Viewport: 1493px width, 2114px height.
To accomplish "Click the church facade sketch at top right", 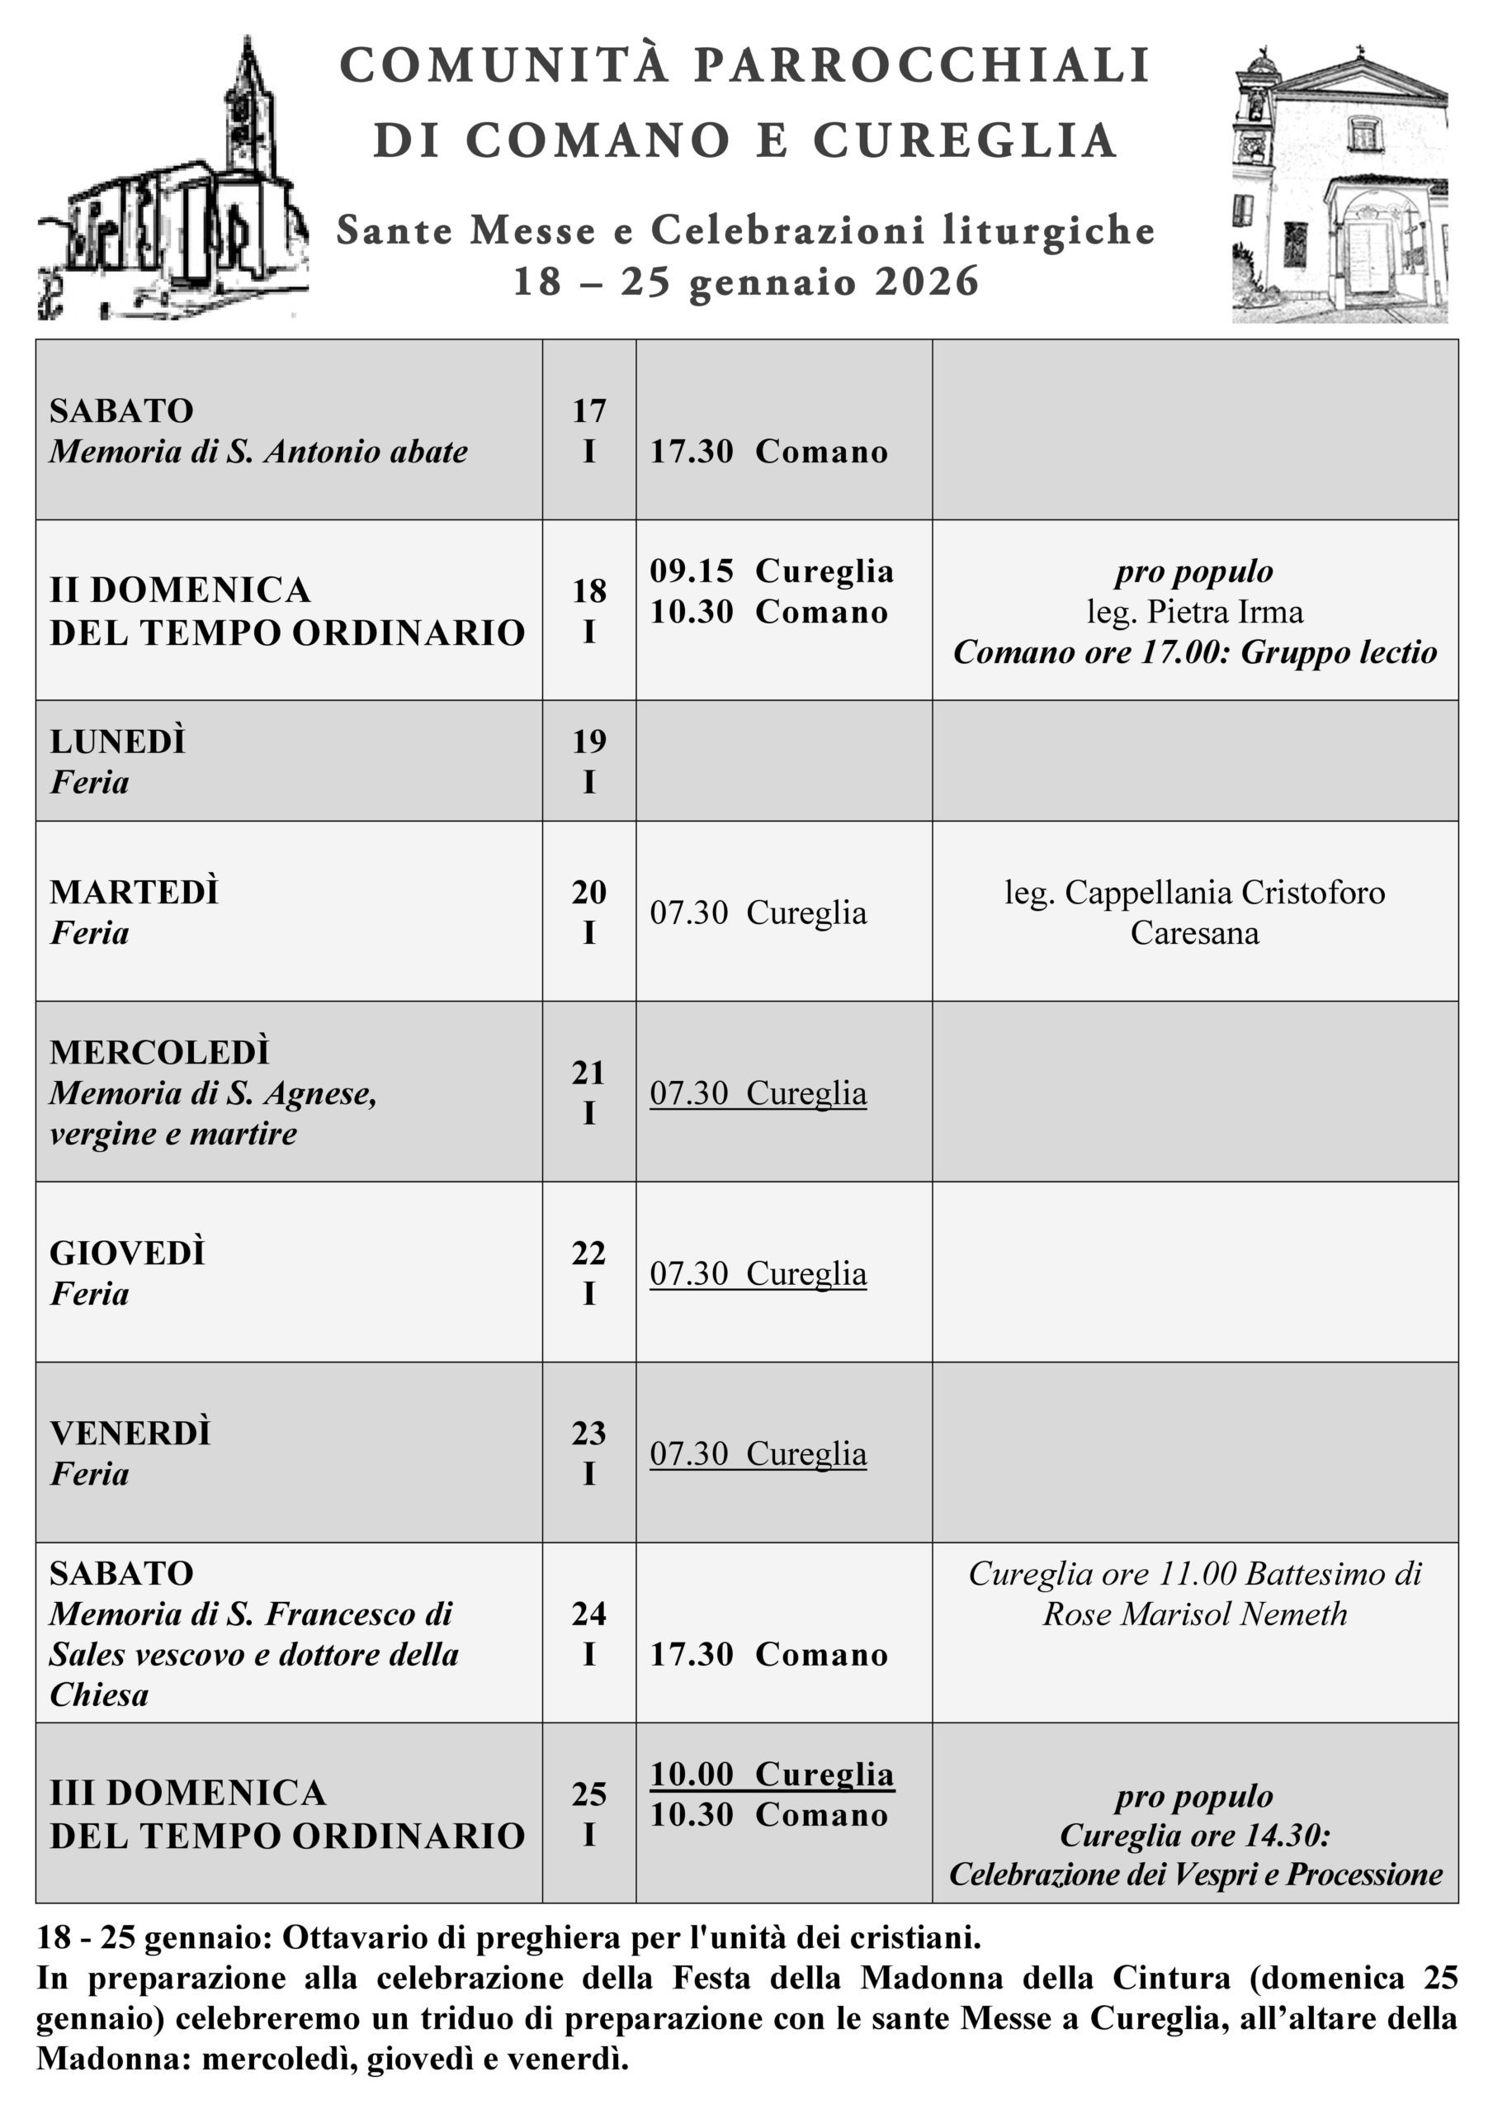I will (x=1339, y=184).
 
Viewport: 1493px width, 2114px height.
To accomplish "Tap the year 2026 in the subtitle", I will (x=926, y=282).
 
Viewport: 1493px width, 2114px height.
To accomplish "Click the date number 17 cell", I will (x=589, y=410).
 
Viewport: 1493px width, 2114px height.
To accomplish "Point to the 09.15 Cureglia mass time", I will (x=772, y=571).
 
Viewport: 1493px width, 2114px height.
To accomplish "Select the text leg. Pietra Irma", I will (x=1194, y=611).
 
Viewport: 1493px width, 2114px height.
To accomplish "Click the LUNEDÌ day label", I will (x=118, y=742).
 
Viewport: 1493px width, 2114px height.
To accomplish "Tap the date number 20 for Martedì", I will (x=589, y=891).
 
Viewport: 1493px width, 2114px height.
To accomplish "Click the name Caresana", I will (x=1194, y=932).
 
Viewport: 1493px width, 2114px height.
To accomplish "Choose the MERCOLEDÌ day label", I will (x=160, y=1051).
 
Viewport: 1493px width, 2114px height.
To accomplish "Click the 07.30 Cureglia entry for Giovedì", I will (x=758, y=1273).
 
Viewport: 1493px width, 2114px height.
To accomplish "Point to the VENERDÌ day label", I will (x=130, y=1433).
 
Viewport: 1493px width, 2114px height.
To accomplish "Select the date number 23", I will (x=589, y=1433).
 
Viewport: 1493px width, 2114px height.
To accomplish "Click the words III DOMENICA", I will (x=188, y=1793).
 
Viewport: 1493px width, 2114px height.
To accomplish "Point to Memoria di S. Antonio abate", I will (x=258, y=451).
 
